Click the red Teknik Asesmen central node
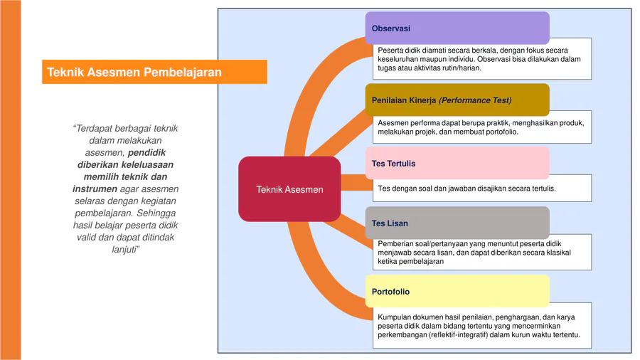click(289, 189)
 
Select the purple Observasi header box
click(457, 28)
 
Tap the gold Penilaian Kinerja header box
click(457, 100)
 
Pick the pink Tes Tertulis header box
click(457, 163)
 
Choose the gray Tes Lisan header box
click(457, 223)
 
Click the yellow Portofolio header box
click(457, 291)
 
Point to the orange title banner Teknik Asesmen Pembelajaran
click(154, 72)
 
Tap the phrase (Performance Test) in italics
click(475, 100)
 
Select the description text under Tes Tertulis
click(466, 189)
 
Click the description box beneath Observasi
click(482, 60)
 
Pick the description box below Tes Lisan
click(482, 253)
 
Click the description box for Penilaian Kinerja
click(482, 127)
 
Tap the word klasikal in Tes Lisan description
click(554, 253)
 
